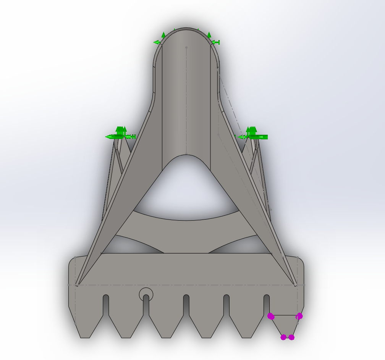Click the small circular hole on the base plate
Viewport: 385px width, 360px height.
click(x=146, y=294)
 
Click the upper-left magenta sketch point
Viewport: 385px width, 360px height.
click(x=271, y=316)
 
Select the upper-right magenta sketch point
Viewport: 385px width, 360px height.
click(x=299, y=316)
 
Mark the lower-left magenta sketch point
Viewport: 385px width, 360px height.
click(x=283, y=337)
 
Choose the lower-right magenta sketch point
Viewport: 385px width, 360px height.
click(x=291, y=337)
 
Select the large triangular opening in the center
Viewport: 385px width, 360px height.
click(x=186, y=187)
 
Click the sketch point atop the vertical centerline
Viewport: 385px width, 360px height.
click(x=186, y=48)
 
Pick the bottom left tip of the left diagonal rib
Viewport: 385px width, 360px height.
click(x=77, y=284)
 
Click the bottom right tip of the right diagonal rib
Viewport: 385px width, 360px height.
click(x=296, y=284)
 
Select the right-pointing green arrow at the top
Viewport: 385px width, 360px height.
click(x=216, y=42)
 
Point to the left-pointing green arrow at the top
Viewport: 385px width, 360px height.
click(x=156, y=42)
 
